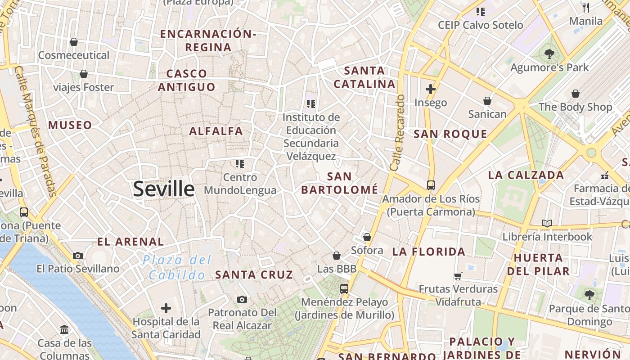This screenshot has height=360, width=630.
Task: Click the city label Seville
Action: pyautogui.click(x=164, y=189)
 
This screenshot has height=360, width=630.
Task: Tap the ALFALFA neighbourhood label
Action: pyautogui.click(x=216, y=131)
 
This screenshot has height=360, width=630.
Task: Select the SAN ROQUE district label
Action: pyautogui.click(x=450, y=134)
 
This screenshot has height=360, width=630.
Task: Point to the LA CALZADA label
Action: pyautogui.click(x=526, y=175)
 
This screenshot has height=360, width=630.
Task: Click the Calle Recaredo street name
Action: pyautogui.click(x=398, y=132)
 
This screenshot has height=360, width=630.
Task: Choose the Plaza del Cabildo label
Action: pyautogui.click(x=177, y=267)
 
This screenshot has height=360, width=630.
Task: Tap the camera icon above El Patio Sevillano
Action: pyautogui.click(x=78, y=256)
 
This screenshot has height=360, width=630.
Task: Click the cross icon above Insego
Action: pyautogui.click(x=431, y=89)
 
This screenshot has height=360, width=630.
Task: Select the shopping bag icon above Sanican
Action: pyautogui.click(x=487, y=101)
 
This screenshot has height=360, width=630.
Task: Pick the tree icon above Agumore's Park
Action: pyautogui.click(x=549, y=54)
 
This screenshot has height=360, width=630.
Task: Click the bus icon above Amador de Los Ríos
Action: pyautogui.click(x=431, y=185)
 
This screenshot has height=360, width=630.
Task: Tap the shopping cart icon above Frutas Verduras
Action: pyautogui.click(x=458, y=276)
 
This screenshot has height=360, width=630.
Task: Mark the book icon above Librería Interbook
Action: pyautogui.click(x=547, y=223)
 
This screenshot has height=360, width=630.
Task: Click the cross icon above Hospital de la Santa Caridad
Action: pyautogui.click(x=166, y=308)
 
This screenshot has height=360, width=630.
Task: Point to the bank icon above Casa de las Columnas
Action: pyautogui.click(x=64, y=330)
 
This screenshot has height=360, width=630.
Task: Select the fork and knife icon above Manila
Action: pyautogui.click(x=586, y=7)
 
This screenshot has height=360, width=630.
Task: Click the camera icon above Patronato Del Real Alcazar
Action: pyautogui.click(x=242, y=299)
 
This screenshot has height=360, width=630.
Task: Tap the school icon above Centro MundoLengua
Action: pyautogui.click(x=240, y=164)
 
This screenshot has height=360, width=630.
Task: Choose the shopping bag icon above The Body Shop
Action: pyautogui.click(x=576, y=94)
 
